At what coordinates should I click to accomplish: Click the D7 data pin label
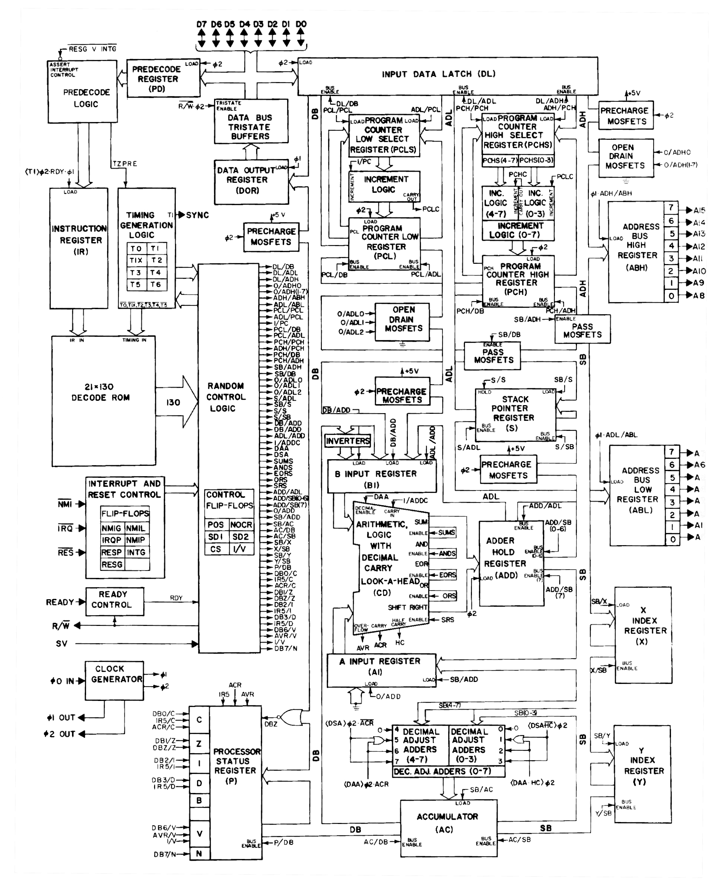[201, 24]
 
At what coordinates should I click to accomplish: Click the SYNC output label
[197, 215]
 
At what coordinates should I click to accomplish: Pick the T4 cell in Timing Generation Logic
[156, 272]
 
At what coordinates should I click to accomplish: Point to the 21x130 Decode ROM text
[100, 392]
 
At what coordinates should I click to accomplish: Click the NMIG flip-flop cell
[111, 529]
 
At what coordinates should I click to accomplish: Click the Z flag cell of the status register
[199, 743]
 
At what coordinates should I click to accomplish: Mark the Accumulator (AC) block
[448, 823]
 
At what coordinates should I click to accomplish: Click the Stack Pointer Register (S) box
[515, 414]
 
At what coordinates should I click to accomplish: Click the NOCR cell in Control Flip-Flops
[241, 525]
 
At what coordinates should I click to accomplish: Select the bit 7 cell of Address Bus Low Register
[672, 452]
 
